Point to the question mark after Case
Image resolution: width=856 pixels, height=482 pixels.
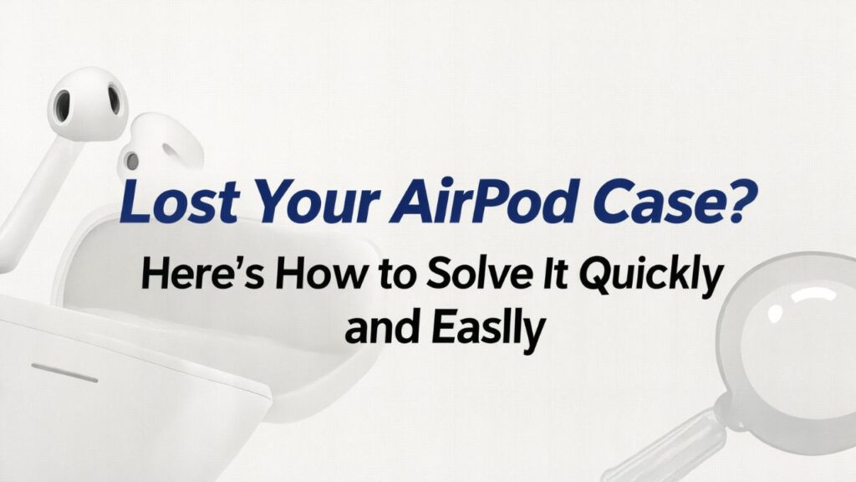(729, 201)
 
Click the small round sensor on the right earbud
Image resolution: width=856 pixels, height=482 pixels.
(131, 160)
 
